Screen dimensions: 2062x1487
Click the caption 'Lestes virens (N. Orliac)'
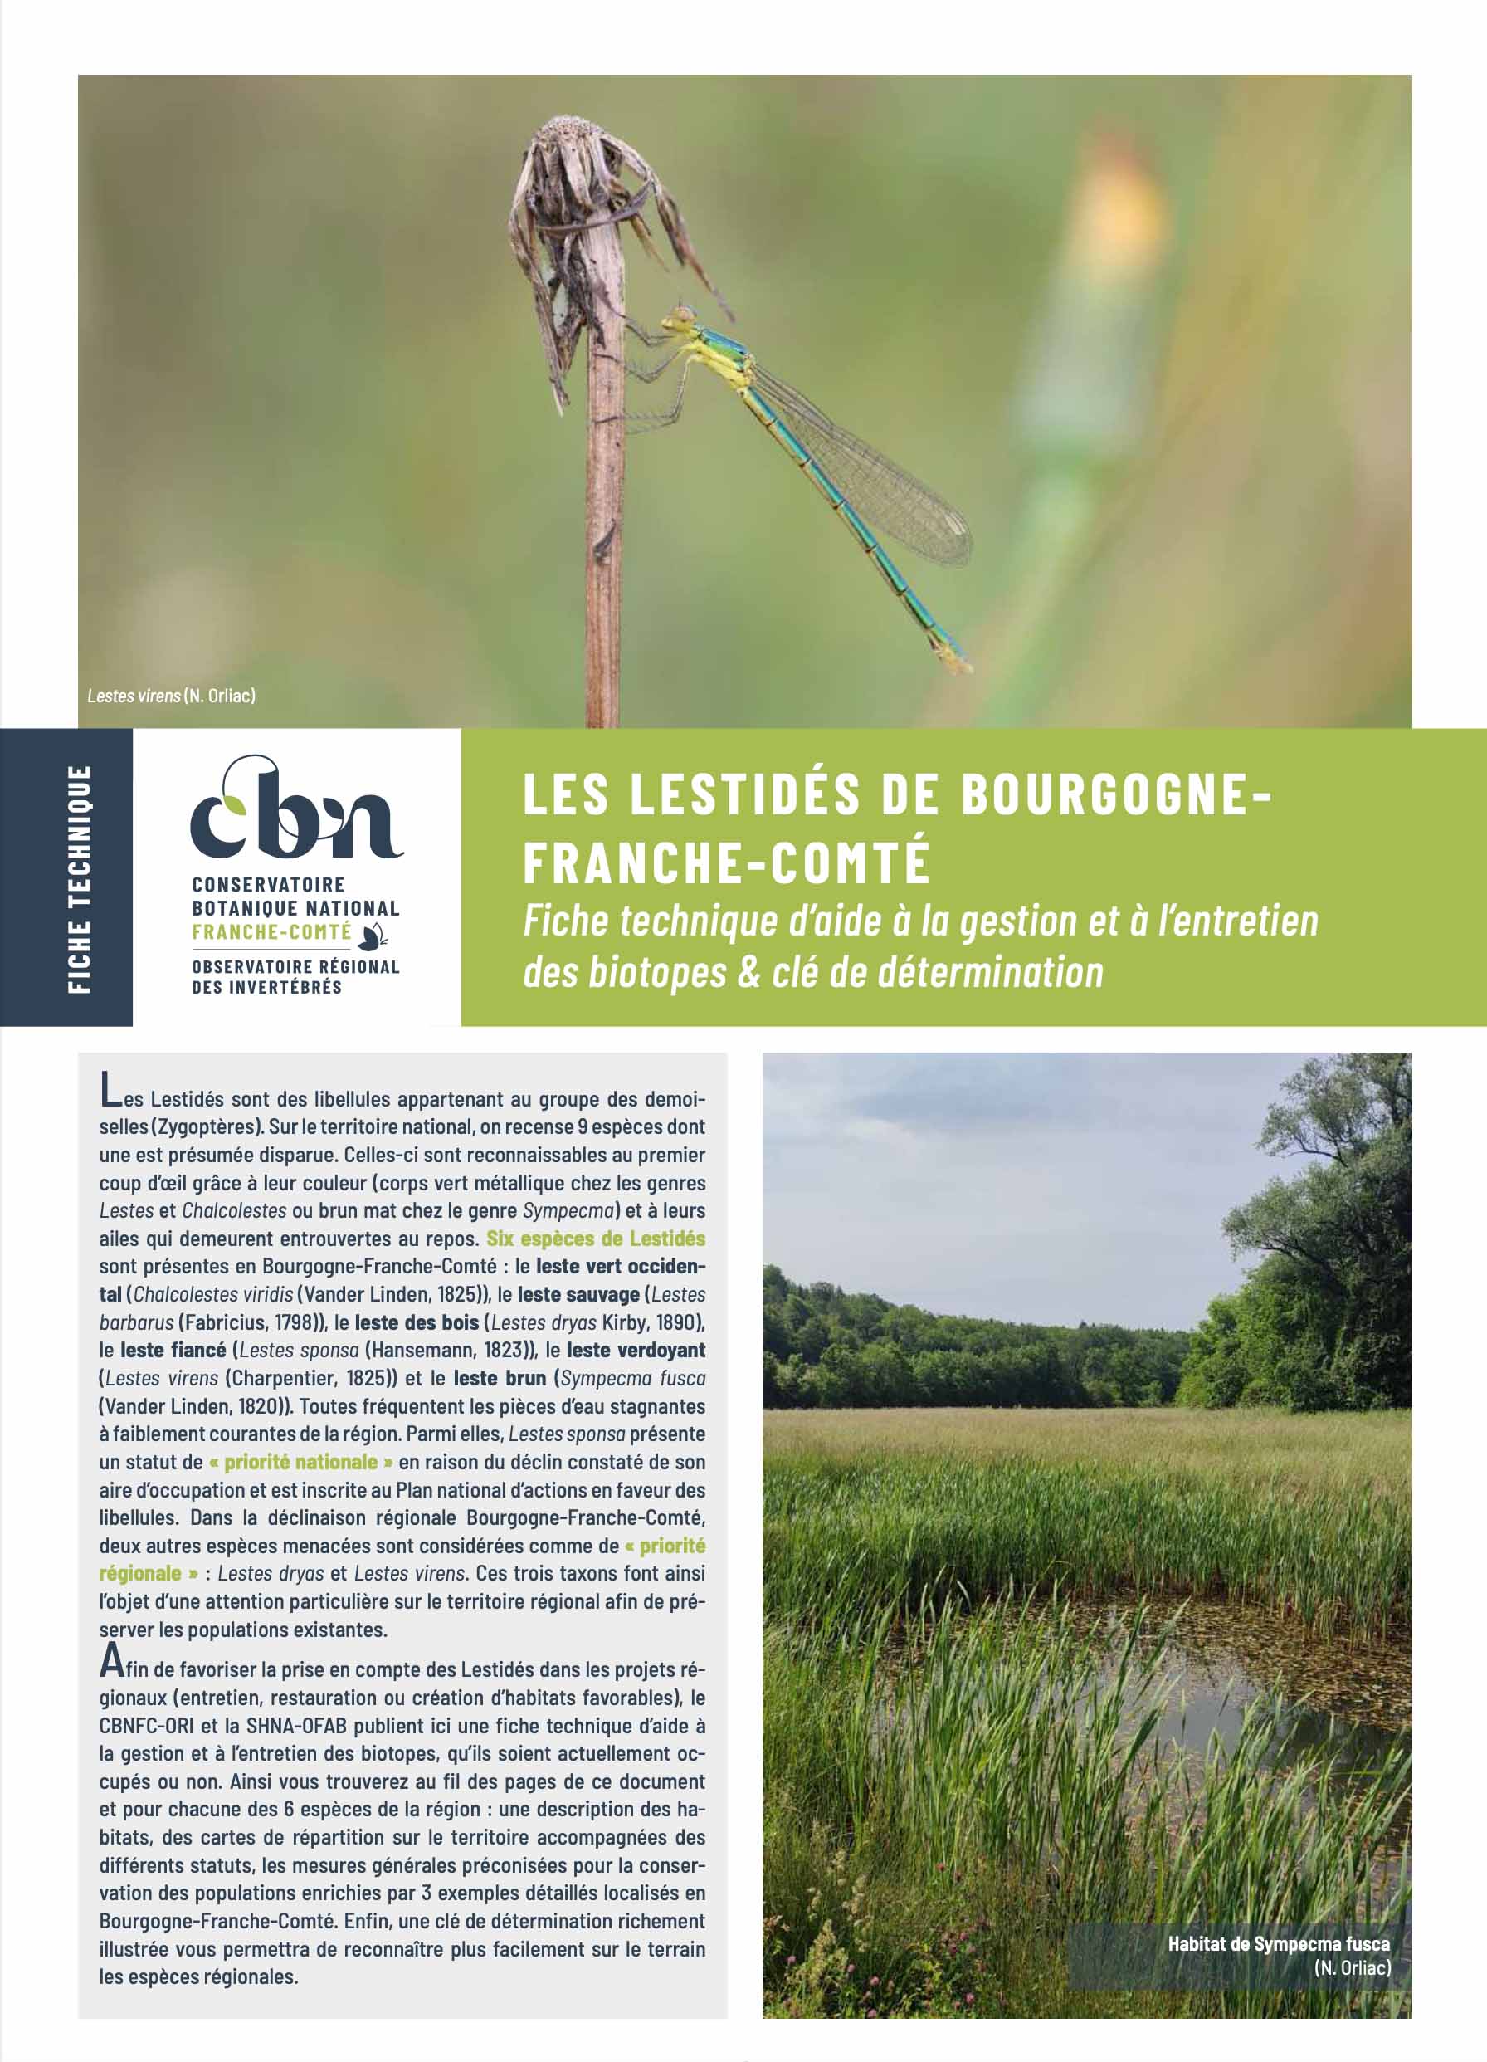click(x=171, y=696)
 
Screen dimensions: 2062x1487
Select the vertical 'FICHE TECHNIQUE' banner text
click(x=80, y=878)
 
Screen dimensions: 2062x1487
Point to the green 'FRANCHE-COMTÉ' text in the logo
click(x=271, y=932)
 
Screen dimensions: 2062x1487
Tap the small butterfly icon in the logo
click(x=373, y=934)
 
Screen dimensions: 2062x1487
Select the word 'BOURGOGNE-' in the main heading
click(x=1116, y=794)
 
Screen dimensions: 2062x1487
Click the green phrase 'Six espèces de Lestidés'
click(x=595, y=1239)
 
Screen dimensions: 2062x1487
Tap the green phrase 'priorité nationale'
click(x=301, y=1462)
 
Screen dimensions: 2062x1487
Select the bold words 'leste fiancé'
click(x=173, y=1350)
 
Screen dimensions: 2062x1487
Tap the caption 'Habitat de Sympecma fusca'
click(x=1278, y=1945)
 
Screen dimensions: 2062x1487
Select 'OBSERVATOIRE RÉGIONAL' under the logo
click(x=295, y=967)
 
